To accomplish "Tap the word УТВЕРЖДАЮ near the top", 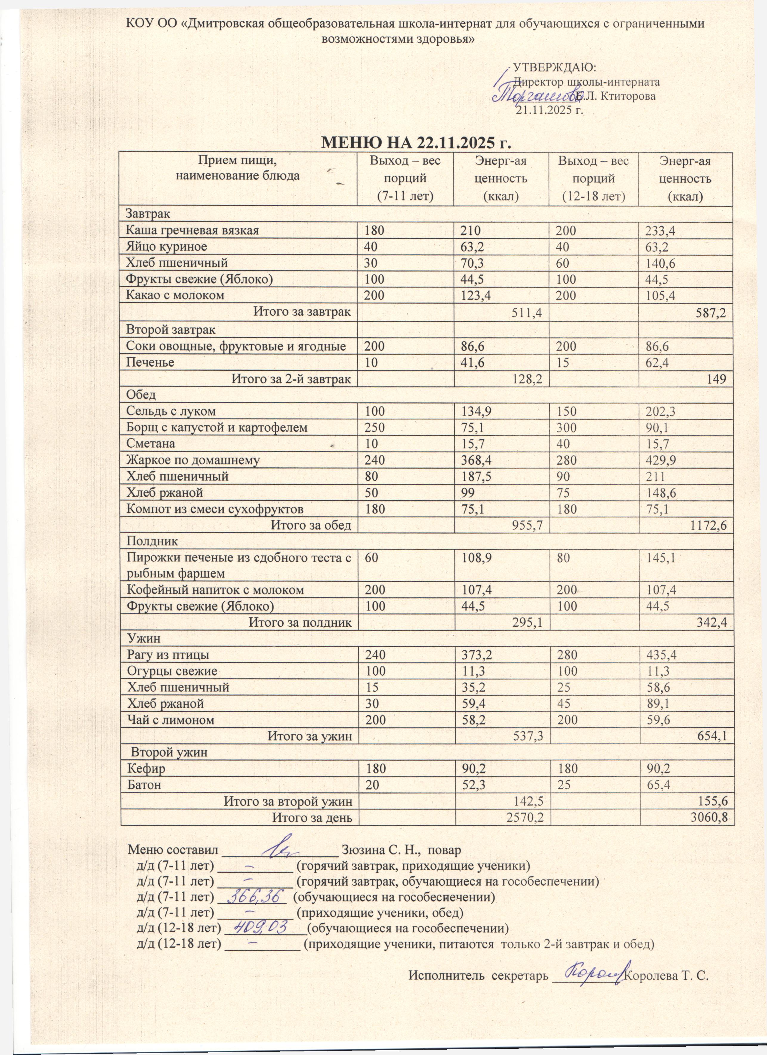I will [554, 67].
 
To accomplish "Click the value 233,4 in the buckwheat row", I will [660, 230].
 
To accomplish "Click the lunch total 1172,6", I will [707, 526].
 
